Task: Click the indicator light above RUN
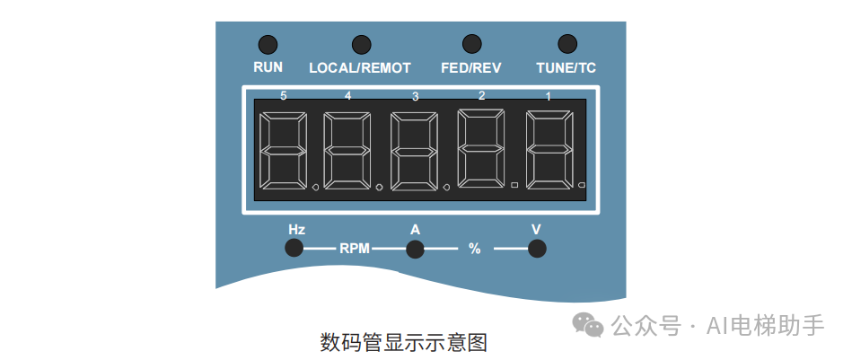pos(268,44)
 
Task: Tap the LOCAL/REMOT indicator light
pos(361,44)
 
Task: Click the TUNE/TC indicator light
pos(567,44)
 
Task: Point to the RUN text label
pos(268,67)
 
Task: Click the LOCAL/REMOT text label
pos(360,67)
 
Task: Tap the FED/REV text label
pos(471,67)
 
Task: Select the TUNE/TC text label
pos(567,67)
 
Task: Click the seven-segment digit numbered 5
pos(282,152)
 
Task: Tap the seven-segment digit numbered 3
pos(415,152)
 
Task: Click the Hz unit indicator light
pos(294,249)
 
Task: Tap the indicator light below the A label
pos(415,249)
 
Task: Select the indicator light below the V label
pos(537,249)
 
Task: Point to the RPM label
pos(355,249)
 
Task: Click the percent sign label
pos(475,249)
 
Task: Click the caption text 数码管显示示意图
pos(403,342)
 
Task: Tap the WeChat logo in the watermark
pos(590,324)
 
